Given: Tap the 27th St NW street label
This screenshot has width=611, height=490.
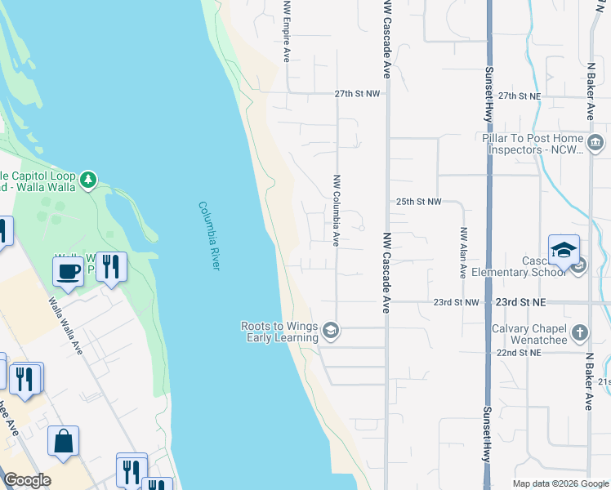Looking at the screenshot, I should pyautogui.click(x=357, y=95).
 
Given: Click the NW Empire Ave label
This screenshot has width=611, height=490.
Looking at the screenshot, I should pyautogui.click(x=287, y=31).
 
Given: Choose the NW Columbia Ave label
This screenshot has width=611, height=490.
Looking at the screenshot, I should pyautogui.click(x=336, y=210).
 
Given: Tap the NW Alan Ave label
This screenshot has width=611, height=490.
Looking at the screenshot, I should pyautogui.click(x=463, y=252).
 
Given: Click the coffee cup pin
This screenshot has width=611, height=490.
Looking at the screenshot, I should pyautogui.click(x=68, y=269).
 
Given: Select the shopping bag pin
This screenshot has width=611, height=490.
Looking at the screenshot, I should pyautogui.click(x=63, y=441).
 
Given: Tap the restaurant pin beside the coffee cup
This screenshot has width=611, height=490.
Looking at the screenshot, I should pyautogui.click(x=111, y=266).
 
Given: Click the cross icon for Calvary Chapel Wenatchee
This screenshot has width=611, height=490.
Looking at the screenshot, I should pyautogui.click(x=579, y=332).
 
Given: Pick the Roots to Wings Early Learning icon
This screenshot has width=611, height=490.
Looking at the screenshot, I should pyautogui.click(x=330, y=331).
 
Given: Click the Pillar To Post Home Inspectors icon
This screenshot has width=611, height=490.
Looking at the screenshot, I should pyautogui.click(x=595, y=144).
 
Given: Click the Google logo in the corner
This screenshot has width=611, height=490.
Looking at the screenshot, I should pyautogui.click(x=27, y=480).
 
